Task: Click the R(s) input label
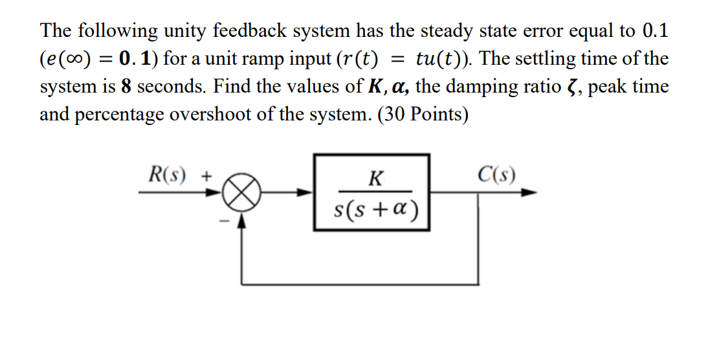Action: point(166,175)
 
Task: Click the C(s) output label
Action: point(496,175)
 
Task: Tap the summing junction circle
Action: point(242,192)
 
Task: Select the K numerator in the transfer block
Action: point(373,178)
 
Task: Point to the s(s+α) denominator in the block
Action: point(375,208)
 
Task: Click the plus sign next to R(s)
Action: point(206,175)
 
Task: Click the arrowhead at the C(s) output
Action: point(531,192)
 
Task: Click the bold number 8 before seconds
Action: point(126,86)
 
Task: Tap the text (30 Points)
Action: point(421,115)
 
